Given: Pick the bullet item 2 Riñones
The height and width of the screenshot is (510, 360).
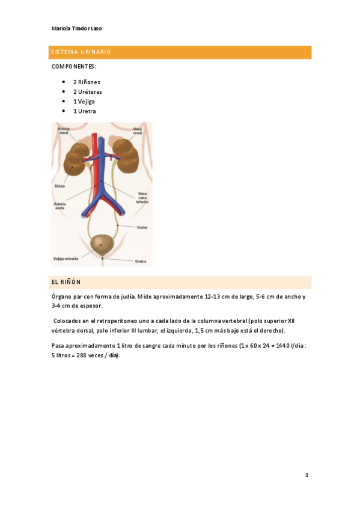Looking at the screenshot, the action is pyautogui.click(x=87, y=82).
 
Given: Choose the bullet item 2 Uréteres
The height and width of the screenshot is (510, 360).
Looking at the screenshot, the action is pyautogui.click(x=88, y=91).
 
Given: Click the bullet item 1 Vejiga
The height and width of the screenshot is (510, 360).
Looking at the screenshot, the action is pyautogui.click(x=84, y=101).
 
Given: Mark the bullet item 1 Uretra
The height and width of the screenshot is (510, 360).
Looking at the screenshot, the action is pyautogui.click(x=84, y=111).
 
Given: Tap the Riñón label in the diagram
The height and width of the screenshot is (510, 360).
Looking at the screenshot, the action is pyautogui.click(x=59, y=186).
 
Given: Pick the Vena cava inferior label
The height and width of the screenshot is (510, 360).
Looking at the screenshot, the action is pyautogui.click(x=142, y=198).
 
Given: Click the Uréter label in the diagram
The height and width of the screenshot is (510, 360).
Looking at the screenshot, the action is pyautogui.click(x=142, y=227).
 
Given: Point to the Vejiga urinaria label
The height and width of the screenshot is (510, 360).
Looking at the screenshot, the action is pyautogui.click(x=67, y=259).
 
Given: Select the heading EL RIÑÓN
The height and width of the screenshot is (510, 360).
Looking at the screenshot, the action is pyautogui.click(x=66, y=281).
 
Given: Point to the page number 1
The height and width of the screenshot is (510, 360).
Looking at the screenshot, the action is pyautogui.click(x=307, y=475).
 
